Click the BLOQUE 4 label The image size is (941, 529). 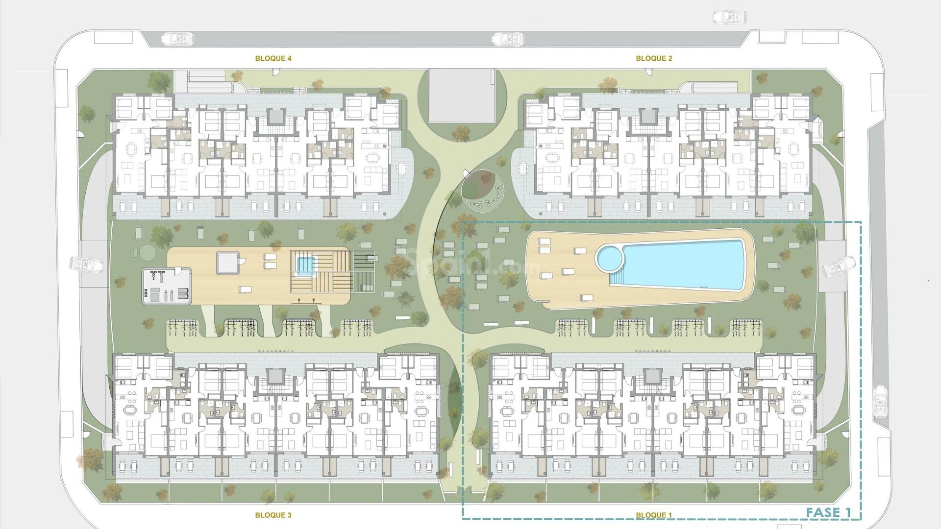[273, 58]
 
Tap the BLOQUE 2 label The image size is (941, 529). [654, 58]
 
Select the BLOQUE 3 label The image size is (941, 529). [273, 515]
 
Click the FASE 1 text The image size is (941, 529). [828, 513]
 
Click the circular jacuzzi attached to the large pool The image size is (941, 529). [609, 258]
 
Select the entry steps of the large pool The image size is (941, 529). [619, 280]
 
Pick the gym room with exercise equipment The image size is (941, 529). [167, 286]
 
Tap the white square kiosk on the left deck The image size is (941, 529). [228, 263]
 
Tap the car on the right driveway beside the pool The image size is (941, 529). [839, 267]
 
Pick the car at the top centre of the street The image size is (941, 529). [508, 38]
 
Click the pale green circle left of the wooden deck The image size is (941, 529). [147, 252]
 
